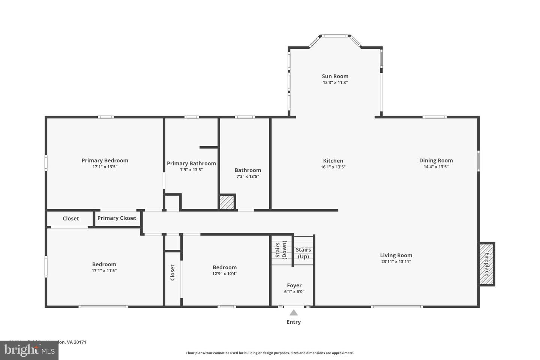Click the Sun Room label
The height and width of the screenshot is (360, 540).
click(x=335, y=76)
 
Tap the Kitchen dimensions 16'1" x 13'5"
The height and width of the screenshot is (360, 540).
click(x=333, y=167)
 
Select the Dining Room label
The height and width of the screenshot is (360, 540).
click(x=436, y=160)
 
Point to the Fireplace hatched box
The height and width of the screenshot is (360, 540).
click(x=487, y=264)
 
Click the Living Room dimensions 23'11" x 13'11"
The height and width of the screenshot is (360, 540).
click(x=396, y=262)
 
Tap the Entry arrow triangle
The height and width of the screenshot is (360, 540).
click(x=294, y=313)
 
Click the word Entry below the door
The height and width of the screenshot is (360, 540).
click(x=294, y=322)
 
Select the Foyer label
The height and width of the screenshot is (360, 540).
click(x=294, y=285)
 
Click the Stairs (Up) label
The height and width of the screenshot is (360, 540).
click(x=303, y=253)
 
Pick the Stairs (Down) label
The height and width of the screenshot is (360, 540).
click(x=281, y=250)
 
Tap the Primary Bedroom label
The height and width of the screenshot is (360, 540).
click(x=105, y=160)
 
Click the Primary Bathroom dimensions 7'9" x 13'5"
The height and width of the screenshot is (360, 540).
click(x=191, y=169)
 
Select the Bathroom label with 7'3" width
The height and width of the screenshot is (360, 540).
click(x=247, y=170)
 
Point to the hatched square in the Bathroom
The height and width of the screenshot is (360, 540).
click(x=227, y=202)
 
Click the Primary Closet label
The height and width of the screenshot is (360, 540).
click(x=117, y=218)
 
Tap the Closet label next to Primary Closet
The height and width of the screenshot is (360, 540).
click(x=70, y=218)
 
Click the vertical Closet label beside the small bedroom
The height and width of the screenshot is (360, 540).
click(x=172, y=273)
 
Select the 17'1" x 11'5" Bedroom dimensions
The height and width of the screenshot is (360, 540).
click(x=104, y=270)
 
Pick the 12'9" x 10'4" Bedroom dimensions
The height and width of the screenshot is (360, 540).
click(x=225, y=273)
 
